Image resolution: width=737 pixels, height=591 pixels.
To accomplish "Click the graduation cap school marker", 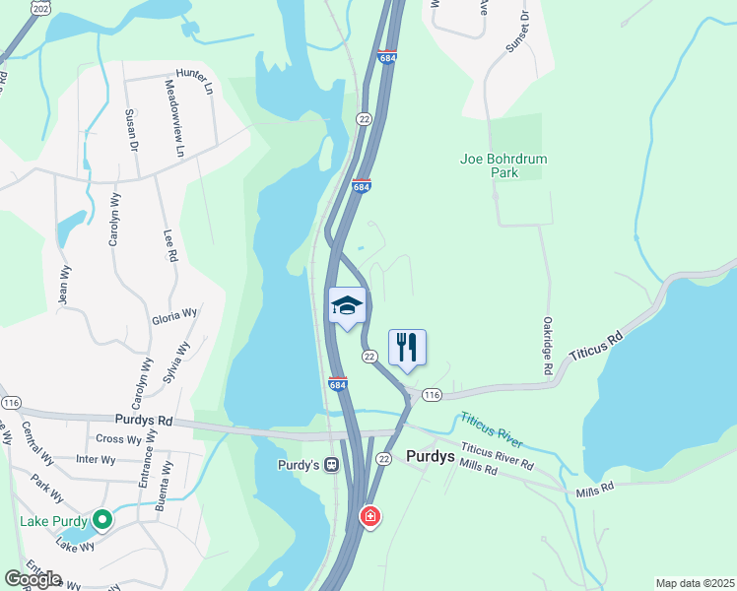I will pos(347,307).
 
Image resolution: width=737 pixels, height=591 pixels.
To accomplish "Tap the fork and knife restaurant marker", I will pos(407,348).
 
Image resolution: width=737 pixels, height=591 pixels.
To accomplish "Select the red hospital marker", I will pos(369,515).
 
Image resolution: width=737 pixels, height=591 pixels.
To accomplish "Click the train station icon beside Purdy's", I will pos(333,464).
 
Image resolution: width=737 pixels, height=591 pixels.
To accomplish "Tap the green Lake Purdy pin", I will pos(101,519).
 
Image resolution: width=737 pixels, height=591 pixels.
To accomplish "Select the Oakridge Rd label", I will pos(547,345).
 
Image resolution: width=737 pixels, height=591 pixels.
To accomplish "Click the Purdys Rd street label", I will pos(144,420).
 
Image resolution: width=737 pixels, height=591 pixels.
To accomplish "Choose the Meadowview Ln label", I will pos(174,119).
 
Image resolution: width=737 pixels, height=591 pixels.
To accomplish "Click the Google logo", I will pos(33,579).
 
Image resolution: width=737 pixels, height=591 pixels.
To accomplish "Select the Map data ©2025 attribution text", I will pos(695,583).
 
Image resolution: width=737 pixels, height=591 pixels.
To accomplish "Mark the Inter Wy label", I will pos(96,460).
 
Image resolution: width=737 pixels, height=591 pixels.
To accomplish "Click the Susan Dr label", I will pos(131,131).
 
